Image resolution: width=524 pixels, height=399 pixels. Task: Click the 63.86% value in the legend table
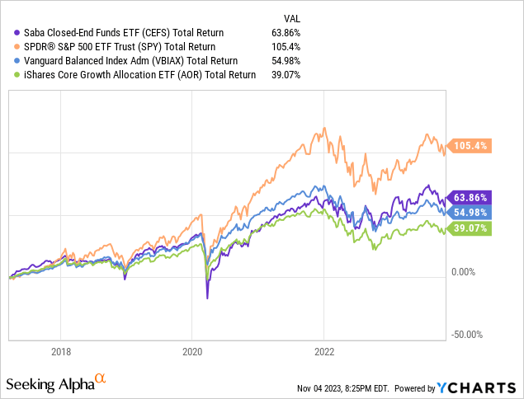(286, 32)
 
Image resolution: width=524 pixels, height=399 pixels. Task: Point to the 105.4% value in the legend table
(286, 46)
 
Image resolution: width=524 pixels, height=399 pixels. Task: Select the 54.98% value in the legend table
(286, 60)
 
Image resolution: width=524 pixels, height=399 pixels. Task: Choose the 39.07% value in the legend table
(286, 74)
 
